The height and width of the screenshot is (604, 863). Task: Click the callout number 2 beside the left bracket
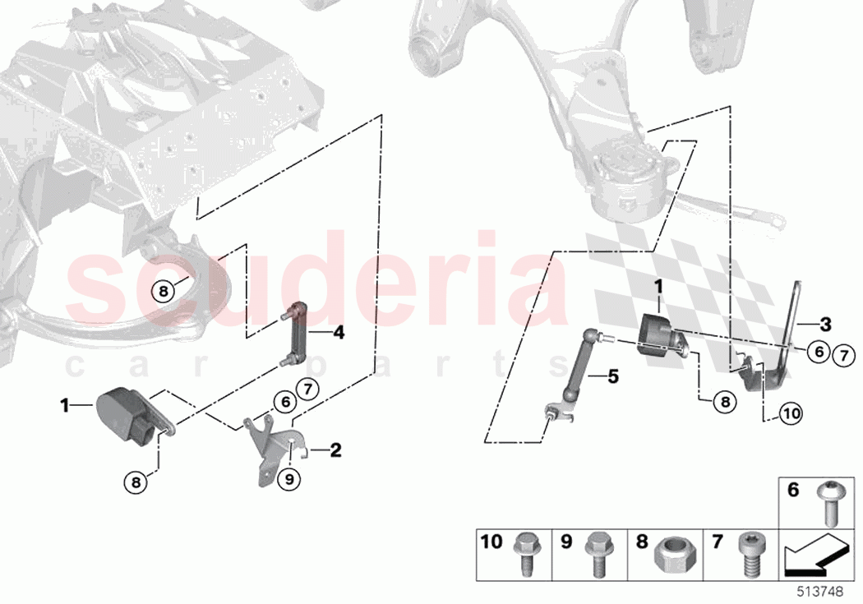coord(335,450)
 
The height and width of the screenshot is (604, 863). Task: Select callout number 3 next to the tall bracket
coord(825,323)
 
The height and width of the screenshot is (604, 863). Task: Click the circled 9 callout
coord(288,478)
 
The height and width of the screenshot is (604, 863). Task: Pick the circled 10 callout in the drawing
coord(790,414)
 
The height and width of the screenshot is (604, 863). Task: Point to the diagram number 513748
coord(829,592)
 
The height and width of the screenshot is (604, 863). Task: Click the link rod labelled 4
coord(295,335)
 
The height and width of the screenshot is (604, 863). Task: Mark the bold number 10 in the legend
coord(491,542)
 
